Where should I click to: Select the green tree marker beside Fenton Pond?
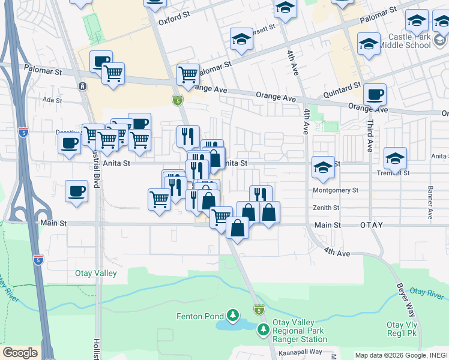point(232,315)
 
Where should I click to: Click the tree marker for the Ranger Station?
point(263,329)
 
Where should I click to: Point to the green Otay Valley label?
point(95,274)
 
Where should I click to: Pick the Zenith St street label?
point(326,208)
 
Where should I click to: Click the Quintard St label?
point(341,89)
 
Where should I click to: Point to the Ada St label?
point(52,100)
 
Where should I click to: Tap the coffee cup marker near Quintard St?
point(375,95)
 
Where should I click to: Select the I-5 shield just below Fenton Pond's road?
point(259,309)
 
